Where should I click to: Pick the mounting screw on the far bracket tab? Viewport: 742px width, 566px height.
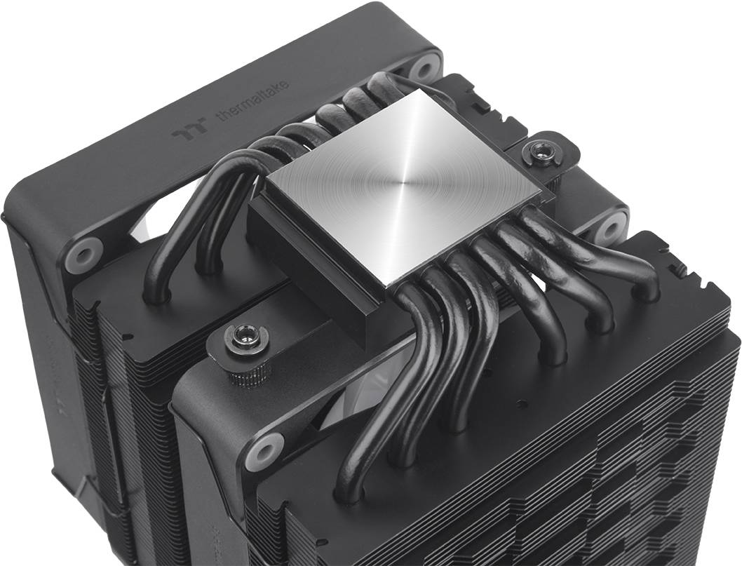point(539,149)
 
